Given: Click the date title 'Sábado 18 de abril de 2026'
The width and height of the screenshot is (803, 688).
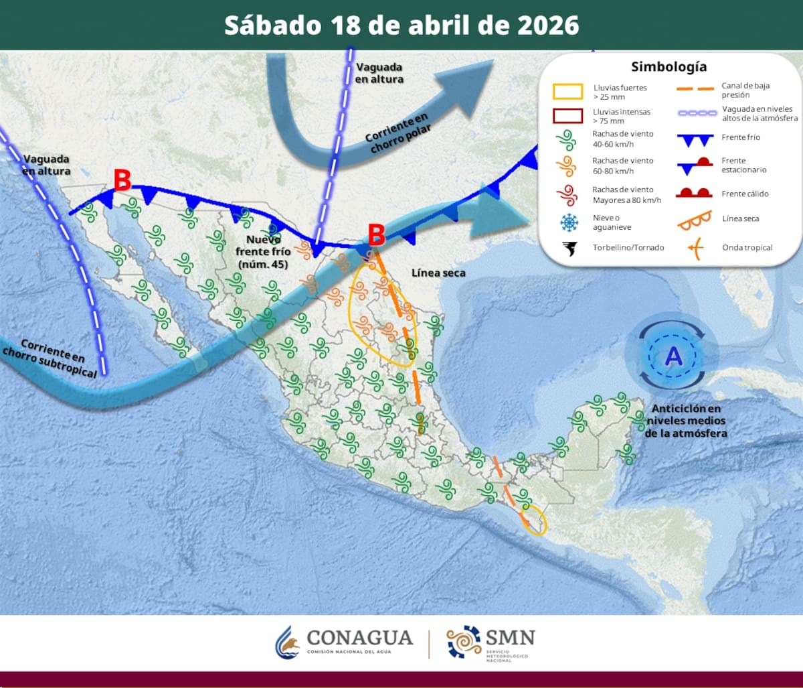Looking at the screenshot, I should pos(401,25).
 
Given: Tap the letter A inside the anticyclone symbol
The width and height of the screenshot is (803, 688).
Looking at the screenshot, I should pos(673,356).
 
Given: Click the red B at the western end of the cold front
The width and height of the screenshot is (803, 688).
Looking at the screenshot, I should pos(122,180).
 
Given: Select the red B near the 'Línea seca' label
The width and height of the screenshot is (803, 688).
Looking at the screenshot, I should pos(377,234).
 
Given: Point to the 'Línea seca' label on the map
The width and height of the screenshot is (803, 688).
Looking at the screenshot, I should pos(438,273).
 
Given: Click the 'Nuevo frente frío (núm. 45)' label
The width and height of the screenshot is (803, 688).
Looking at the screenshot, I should pos(263,251).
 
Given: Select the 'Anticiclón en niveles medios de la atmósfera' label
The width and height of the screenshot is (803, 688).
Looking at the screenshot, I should pos(686,421).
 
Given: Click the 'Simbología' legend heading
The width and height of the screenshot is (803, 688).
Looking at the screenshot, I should pos(668,67).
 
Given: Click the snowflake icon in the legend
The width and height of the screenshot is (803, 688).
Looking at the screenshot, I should pos(569,222).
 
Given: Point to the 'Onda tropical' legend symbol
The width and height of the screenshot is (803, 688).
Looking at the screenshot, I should pos(696,249).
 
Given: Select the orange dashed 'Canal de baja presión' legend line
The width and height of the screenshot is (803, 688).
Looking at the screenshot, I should pos(695,89).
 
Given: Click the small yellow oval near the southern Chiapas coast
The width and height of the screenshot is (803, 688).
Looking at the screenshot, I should pos(535,520).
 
